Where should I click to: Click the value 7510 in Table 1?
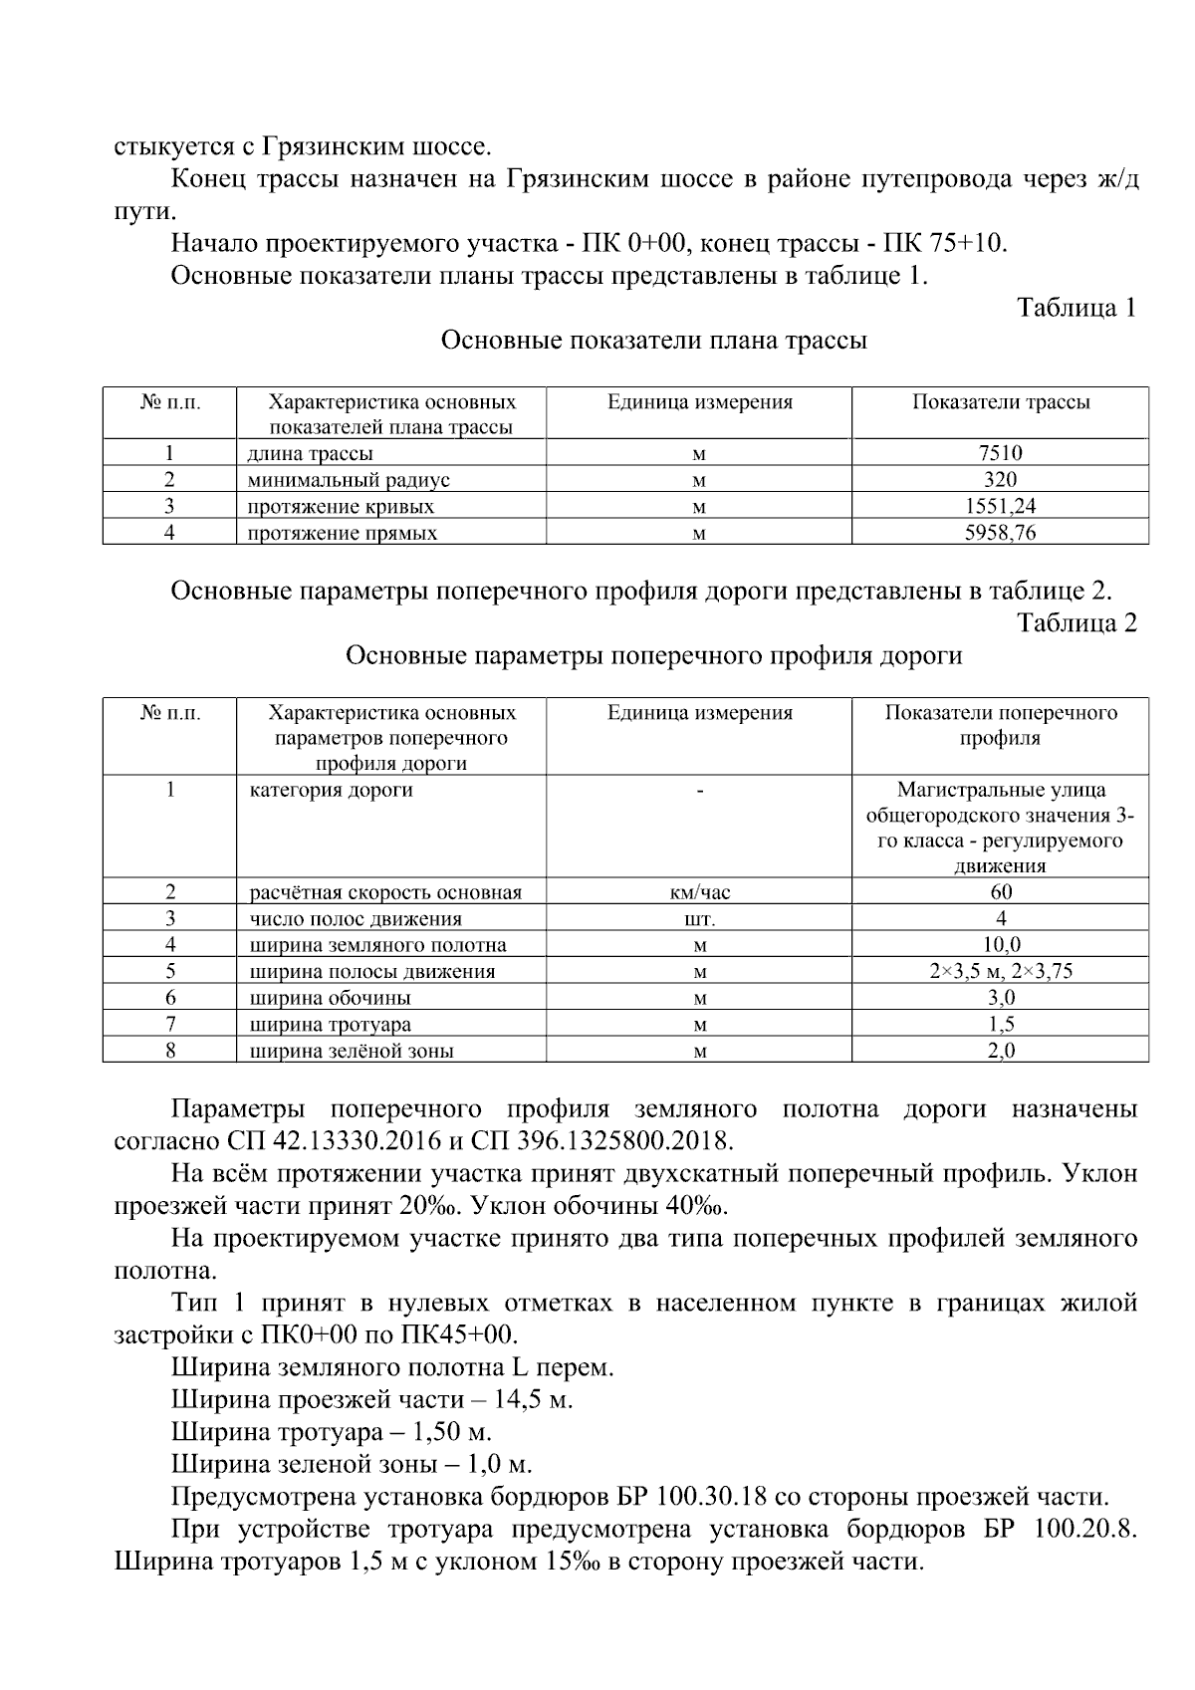pyautogui.click(x=1000, y=453)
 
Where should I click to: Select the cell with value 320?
pyautogui.click(x=1000, y=479)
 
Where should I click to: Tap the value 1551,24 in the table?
pyautogui.click(x=1000, y=506)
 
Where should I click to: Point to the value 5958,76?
pyautogui.click(x=1000, y=533)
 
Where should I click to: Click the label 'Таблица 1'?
pyautogui.click(x=1075, y=308)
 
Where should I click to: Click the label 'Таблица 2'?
pyautogui.click(x=1075, y=622)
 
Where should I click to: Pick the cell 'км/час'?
pyautogui.click(x=700, y=892)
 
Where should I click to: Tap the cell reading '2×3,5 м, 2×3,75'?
pyautogui.click(x=1000, y=971)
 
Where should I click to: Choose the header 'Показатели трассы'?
pyautogui.click(x=1000, y=402)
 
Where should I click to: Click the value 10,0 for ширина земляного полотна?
pyautogui.click(x=1000, y=945)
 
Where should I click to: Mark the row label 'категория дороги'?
pyautogui.click(x=331, y=791)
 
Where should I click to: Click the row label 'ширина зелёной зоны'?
pyautogui.click(x=351, y=1051)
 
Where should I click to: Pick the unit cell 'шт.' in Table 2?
pyautogui.click(x=700, y=919)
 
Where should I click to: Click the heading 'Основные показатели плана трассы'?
pyautogui.click(x=653, y=341)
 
